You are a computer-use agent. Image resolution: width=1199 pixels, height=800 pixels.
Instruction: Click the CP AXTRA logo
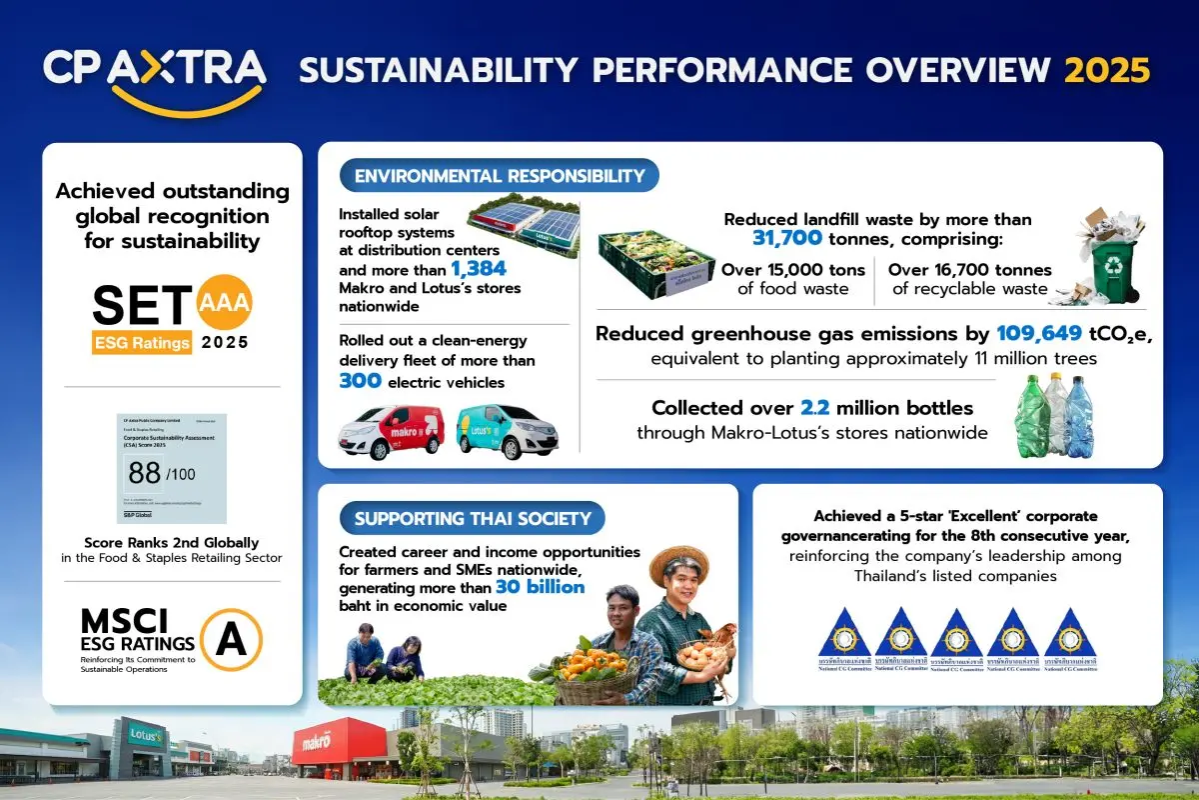(x=155, y=72)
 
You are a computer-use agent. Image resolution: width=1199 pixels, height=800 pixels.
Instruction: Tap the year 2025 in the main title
(x=1107, y=70)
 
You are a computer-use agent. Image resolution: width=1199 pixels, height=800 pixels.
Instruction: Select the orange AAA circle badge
(x=225, y=301)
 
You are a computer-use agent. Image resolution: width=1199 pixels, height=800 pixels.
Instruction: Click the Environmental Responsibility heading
(x=499, y=176)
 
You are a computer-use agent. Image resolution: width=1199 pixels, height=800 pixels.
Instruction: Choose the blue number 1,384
(x=478, y=268)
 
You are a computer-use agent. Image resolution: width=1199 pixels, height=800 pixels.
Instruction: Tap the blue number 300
(x=360, y=381)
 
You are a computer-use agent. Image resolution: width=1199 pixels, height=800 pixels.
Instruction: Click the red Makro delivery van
(x=391, y=431)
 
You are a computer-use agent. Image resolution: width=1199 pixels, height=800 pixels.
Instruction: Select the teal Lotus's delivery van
(x=507, y=431)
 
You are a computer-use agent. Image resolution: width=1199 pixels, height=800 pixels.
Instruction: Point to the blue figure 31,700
(x=787, y=239)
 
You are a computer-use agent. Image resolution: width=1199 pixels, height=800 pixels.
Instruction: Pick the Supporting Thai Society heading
(x=473, y=519)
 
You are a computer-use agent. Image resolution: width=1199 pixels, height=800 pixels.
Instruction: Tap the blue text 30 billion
(x=540, y=587)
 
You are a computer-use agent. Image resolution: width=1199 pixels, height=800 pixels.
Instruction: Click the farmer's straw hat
(x=678, y=565)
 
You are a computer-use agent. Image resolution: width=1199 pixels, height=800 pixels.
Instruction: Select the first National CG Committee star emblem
(x=843, y=635)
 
